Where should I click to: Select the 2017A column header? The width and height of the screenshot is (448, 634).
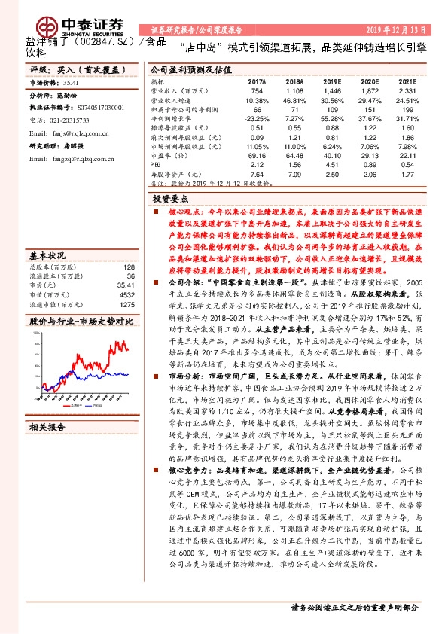257,80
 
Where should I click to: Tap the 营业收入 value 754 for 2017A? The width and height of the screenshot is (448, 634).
257,90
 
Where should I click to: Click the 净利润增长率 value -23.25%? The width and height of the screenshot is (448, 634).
257,118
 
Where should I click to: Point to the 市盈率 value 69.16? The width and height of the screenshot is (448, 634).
257,155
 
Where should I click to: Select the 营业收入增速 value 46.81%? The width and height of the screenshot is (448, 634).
294,99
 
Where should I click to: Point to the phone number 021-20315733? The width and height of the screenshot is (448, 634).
68,120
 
